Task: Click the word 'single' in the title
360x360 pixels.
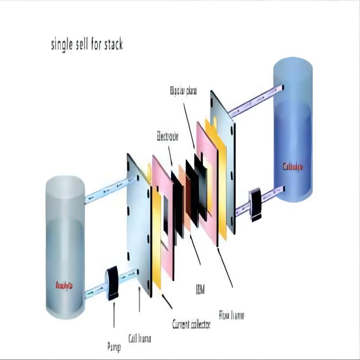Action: coord(64,46)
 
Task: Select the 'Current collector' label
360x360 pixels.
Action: coord(191,324)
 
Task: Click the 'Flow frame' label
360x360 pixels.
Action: coord(231,315)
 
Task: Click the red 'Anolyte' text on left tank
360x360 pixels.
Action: coord(64,285)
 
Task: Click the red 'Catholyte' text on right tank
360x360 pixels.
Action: coord(292,167)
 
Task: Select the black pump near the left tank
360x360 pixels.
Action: coord(112,283)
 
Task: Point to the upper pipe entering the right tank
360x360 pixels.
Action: coord(256,100)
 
